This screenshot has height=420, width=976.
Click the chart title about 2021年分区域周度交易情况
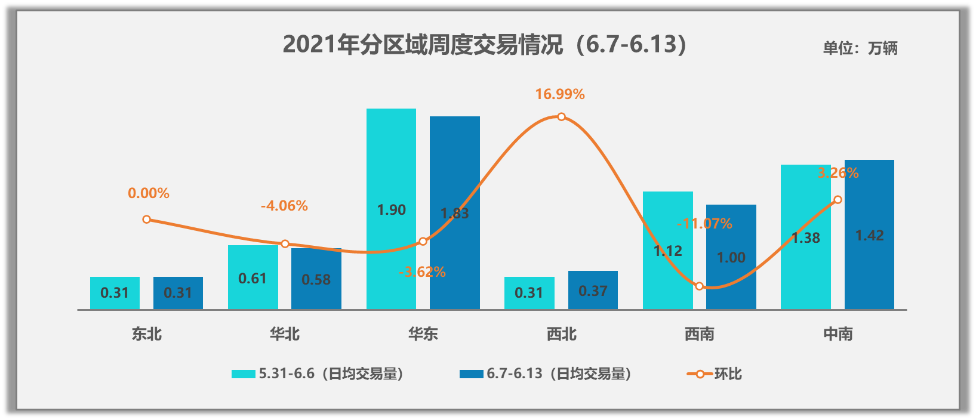pos(485,45)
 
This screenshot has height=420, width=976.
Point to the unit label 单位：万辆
pos(860,48)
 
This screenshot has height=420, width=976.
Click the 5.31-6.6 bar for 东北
pos(115,293)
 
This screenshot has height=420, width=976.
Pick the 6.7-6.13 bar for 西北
pos(593,291)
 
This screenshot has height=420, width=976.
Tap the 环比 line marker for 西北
pos(562,117)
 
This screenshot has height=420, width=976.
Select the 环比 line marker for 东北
pos(147,220)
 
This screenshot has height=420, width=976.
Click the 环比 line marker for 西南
pos(700,286)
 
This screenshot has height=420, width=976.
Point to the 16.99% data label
pos(559,94)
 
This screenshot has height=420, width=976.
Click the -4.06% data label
pos(284,206)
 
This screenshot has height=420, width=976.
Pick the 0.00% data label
pos(149,193)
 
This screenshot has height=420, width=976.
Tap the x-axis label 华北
pos(285,334)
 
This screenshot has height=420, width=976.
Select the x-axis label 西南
pos(700,334)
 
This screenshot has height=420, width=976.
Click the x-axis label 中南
pos(838,334)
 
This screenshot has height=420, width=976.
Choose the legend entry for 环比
pos(715,374)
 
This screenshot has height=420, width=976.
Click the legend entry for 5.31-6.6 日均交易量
pos(318,374)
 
